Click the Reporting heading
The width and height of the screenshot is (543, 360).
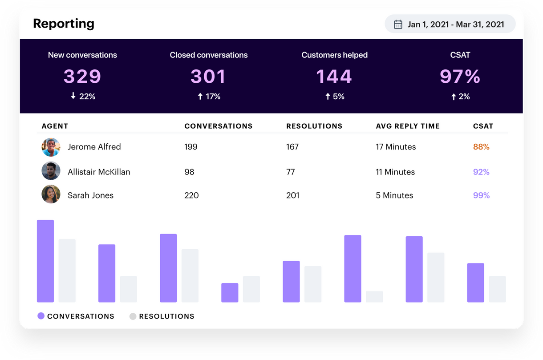[64, 24]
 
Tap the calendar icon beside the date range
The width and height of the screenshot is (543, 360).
[398, 24]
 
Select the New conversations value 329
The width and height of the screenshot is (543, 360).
[82, 76]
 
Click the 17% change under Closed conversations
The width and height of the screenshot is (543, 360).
[209, 97]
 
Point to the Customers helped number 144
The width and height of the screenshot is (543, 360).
[334, 76]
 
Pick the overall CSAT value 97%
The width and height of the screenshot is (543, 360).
[460, 76]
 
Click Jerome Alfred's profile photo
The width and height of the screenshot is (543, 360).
[51, 147]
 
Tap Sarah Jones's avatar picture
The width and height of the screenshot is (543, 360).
[51, 194]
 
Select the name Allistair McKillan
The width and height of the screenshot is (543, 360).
[99, 172]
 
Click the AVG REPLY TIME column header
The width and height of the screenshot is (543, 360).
[408, 126]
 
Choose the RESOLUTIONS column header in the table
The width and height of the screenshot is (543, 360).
[314, 126]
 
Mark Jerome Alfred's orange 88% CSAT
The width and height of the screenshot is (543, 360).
[481, 147]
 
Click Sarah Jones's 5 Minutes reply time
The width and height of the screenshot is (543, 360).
[394, 195]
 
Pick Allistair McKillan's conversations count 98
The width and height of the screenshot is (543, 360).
[189, 172]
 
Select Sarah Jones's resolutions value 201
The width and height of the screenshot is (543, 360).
[293, 195]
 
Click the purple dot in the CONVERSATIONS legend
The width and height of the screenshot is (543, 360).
[41, 316]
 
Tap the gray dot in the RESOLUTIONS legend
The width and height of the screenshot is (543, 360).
[133, 316]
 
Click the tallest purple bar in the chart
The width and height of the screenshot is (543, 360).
[45, 261]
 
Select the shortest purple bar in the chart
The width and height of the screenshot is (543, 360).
[230, 292]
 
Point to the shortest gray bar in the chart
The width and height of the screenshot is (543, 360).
[374, 297]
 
